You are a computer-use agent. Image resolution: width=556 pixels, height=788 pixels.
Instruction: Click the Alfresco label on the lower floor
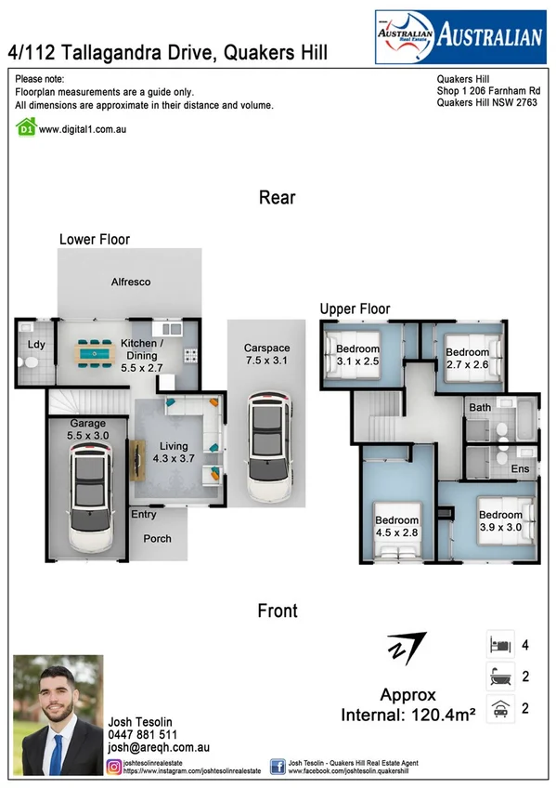click(x=131, y=282)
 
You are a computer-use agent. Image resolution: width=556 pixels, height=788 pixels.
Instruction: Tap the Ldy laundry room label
click(x=36, y=346)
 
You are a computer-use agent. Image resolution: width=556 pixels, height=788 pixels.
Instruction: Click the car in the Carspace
click(x=267, y=445)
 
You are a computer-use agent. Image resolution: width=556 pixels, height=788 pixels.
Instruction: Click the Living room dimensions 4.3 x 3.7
click(x=174, y=458)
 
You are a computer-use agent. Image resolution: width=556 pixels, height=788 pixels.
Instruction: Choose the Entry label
click(x=144, y=515)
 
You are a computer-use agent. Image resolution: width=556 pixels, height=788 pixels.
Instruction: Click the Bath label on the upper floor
click(x=480, y=408)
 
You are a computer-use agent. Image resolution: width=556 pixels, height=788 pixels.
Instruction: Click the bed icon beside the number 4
click(x=498, y=644)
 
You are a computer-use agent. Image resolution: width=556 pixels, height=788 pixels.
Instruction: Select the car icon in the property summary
click(x=498, y=707)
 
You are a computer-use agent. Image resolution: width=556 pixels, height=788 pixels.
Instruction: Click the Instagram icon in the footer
click(x=114, y=767)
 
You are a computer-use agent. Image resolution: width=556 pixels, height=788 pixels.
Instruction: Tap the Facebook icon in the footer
click(x=278, y=767)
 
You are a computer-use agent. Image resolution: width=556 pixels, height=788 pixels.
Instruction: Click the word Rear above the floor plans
click(x=277, y=197)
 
